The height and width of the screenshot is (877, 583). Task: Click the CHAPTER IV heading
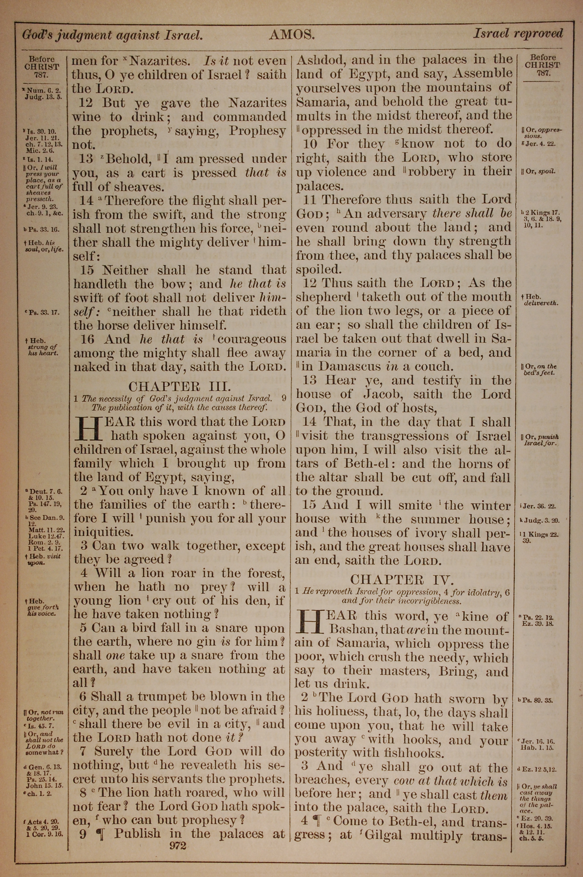coord(402,580)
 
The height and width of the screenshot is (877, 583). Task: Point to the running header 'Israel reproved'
coord(518,34)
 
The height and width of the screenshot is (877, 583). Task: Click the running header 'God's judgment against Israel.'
coord(113,35)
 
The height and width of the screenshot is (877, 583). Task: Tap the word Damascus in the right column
coord(353,366)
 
